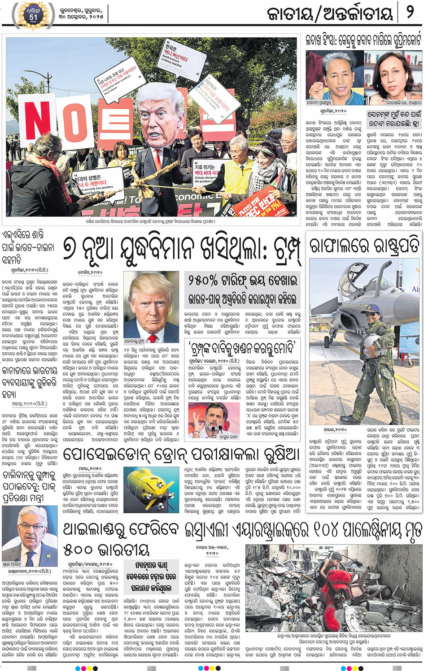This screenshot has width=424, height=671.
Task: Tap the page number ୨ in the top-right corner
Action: [x=410, y=12]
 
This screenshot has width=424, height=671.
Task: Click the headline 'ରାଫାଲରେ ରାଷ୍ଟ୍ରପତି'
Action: [x=364, y=246]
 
